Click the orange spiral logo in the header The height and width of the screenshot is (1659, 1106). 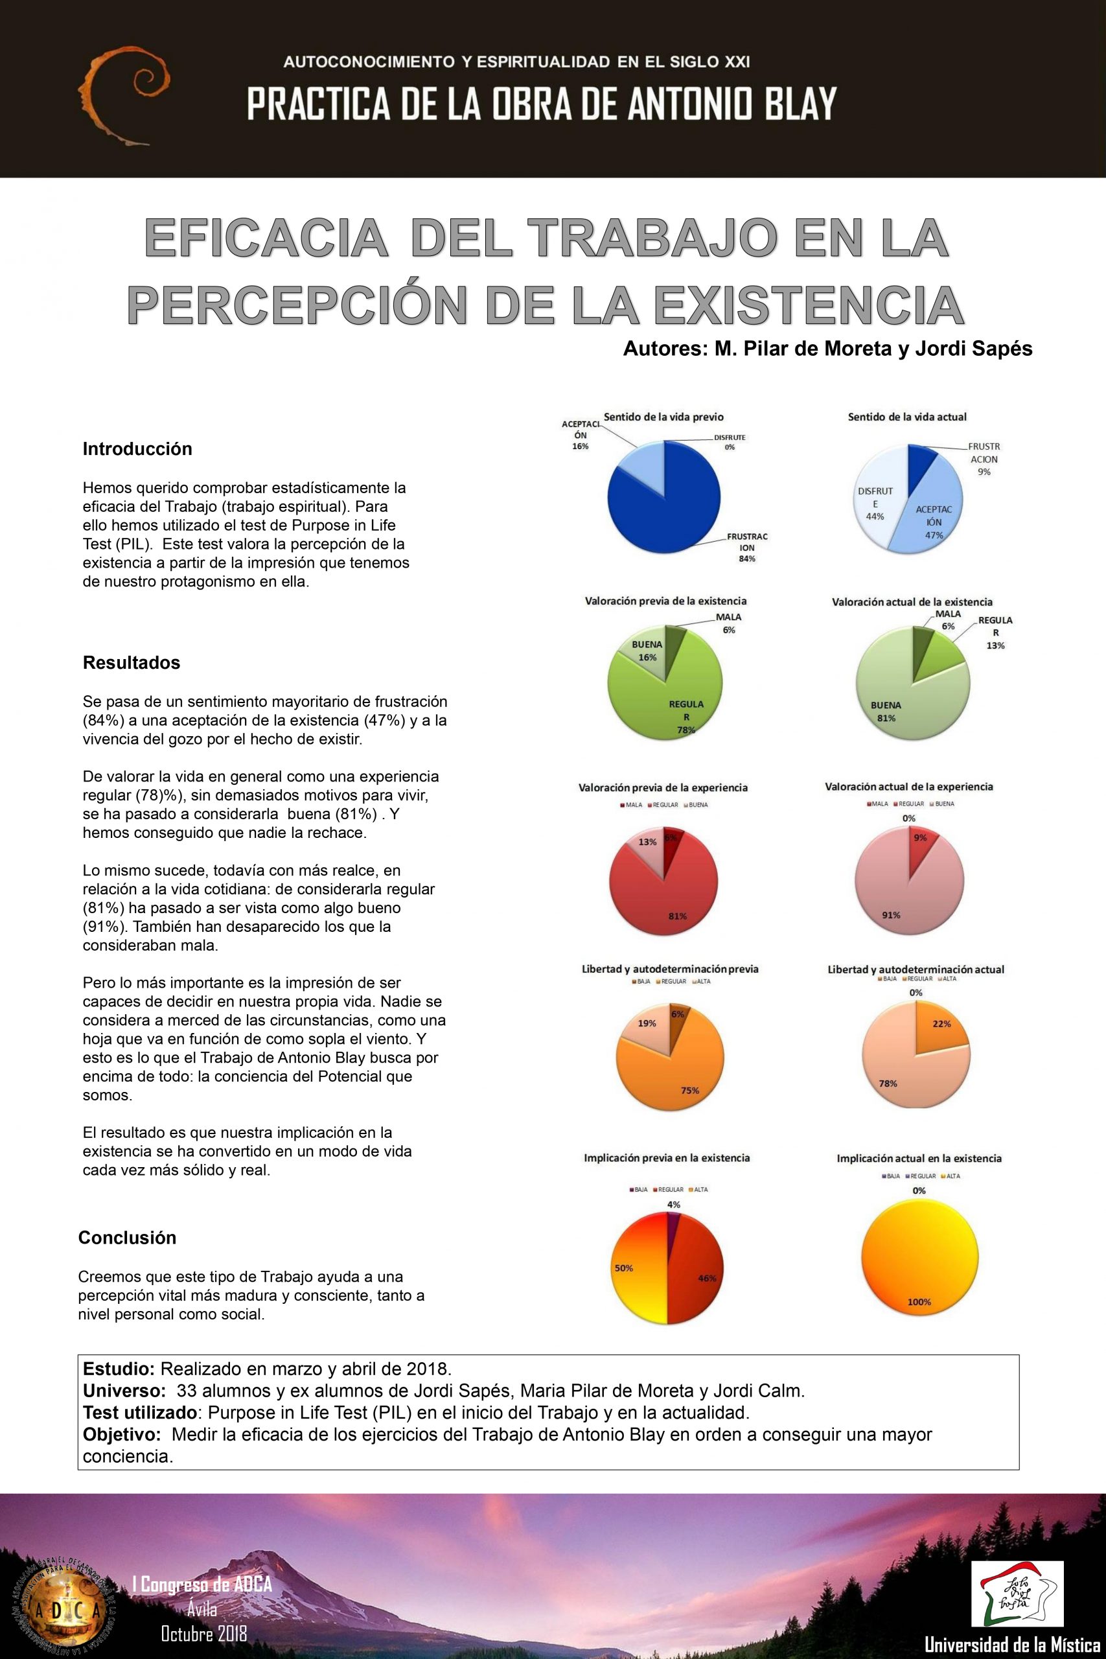124,96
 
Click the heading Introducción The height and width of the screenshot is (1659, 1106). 137,449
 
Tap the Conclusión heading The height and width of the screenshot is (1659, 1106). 127,1237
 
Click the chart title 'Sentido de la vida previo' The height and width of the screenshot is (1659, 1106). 663,417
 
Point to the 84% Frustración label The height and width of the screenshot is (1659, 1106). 747,548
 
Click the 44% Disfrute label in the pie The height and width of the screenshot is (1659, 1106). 875,504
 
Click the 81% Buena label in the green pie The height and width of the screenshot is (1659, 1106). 886,712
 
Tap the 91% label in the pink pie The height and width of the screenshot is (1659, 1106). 891,915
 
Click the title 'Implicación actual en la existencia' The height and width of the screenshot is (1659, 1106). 919,1158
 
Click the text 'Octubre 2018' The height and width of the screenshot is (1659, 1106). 204,1633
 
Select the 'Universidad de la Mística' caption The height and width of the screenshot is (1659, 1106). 1013,1645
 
